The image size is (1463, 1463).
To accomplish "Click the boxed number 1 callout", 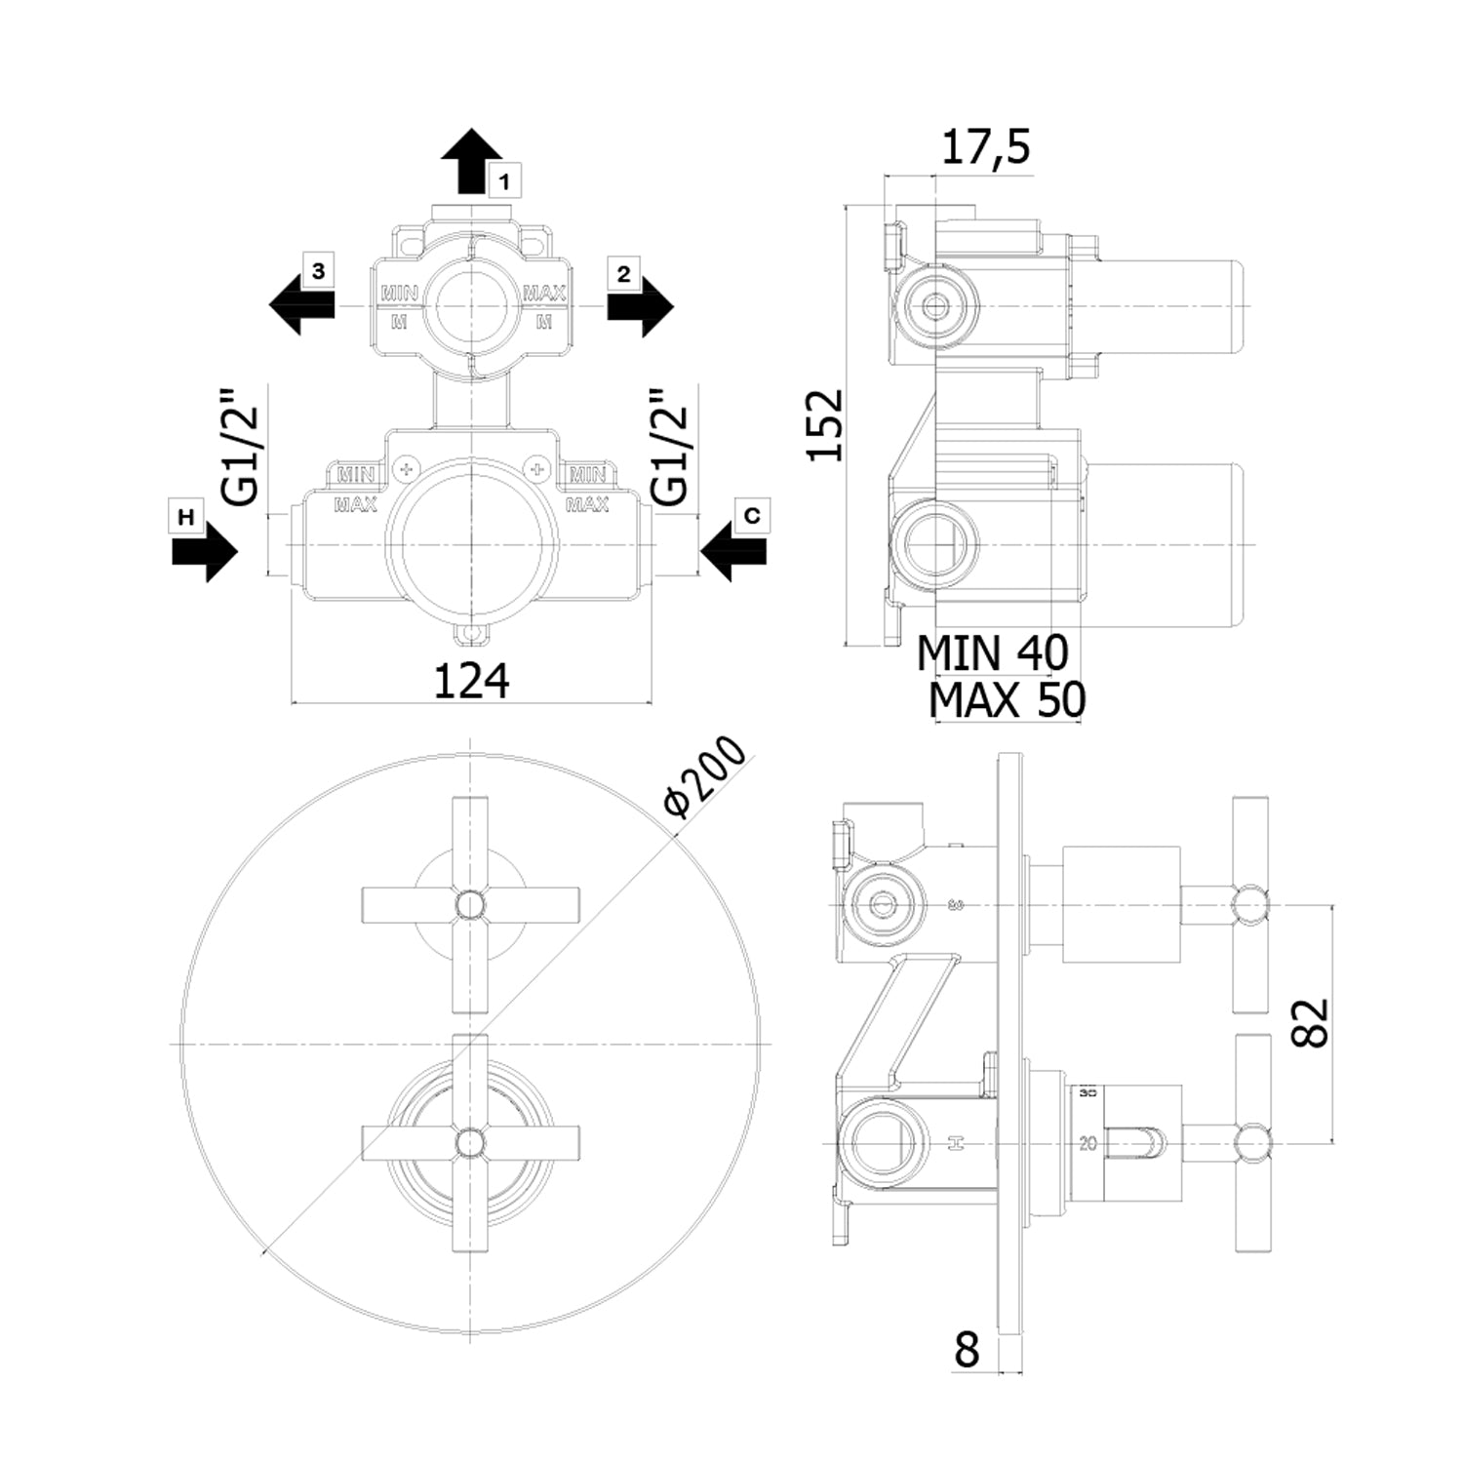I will coord(504,181).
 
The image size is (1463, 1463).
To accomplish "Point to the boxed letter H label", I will coord(185,516).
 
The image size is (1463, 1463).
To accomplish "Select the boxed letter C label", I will coord(752,516).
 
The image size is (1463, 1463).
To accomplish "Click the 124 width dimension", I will coord(471,680).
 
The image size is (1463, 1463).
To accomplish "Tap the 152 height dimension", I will coord(825,424).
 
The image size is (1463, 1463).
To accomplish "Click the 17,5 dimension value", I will coord(985,148).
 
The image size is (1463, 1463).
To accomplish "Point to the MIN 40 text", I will coord(992,652).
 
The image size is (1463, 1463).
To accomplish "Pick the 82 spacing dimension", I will coord(1313,1021).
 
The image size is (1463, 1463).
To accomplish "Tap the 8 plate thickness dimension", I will coord(966,1351).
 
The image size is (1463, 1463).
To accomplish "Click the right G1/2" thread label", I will coord(670,448).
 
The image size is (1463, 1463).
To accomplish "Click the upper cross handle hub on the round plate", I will coord(470,905).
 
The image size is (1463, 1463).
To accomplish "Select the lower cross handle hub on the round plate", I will coord(470,1141).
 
